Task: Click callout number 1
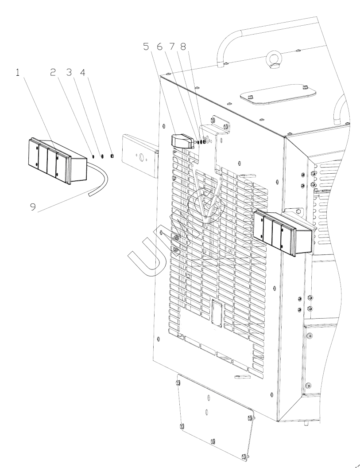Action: (18, 73)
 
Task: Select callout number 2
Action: (53, 73)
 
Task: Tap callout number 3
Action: (69, 73)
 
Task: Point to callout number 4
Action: (83, 73)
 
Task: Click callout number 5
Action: (146, 47)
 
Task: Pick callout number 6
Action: (159, 47)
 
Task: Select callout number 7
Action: (172, 47)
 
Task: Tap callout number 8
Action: (183, 47)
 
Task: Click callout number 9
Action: (33, 207)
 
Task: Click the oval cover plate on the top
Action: (278, 94)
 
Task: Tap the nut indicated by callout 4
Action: (112, 156)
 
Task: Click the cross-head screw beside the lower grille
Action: (310, 336)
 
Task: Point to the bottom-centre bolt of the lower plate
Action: (212, 441)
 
